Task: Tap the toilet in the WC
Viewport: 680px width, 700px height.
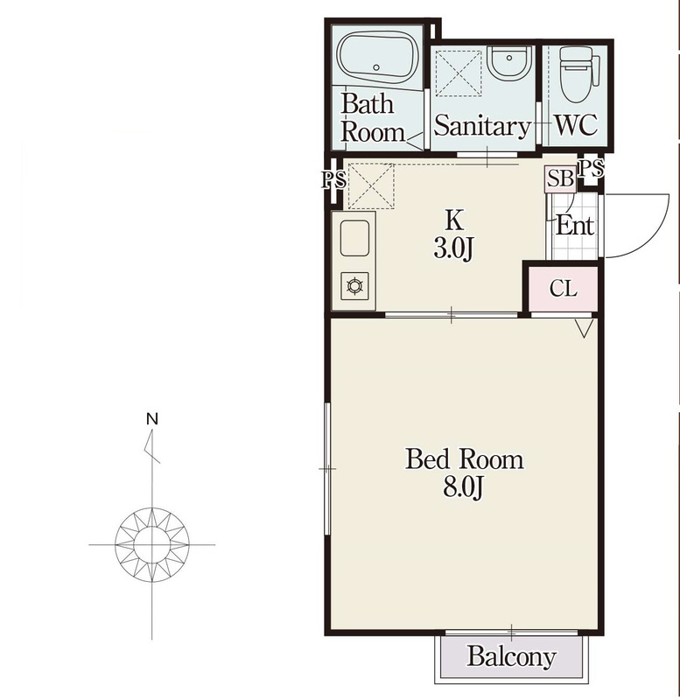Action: [x=576, y=75]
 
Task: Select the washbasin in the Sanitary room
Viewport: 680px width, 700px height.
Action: [x=510, y=62]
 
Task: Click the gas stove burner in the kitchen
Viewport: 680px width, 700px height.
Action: [x=355, y=285]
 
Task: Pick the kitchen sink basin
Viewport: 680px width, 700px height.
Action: [x=355, y=238]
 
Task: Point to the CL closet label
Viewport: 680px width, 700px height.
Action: [x=564, y=289]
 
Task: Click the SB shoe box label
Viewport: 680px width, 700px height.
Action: [x=560, y=179]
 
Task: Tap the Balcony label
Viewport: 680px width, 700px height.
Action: [x=512, y=657]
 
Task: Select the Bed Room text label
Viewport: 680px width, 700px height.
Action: [x=465, y=458]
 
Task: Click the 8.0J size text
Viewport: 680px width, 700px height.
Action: [x=464, y=487]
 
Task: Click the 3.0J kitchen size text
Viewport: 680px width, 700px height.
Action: [x=453, y=248]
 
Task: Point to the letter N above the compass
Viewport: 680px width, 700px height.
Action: [x=152, y=419]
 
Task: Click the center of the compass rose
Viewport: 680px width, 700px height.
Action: [x=151, y=544]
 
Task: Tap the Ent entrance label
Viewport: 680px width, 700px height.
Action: [x=575, y=226]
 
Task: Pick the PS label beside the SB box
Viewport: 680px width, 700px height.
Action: [x=591, y=169]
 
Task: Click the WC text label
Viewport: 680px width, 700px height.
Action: [x=576, y=124]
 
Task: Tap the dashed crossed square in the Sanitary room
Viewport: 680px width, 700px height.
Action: [x=459, y=73]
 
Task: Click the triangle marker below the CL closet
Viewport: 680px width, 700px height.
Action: [x=584, y=328]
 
